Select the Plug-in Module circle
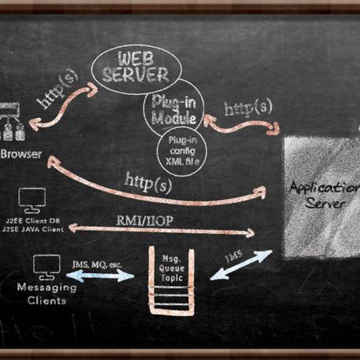173,110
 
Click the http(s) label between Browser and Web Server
57,90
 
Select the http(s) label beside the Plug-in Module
247,109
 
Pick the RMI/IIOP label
144,220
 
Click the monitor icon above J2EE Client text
31,200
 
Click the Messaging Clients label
41,293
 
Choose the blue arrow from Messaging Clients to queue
100,275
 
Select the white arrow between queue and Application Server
241,265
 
